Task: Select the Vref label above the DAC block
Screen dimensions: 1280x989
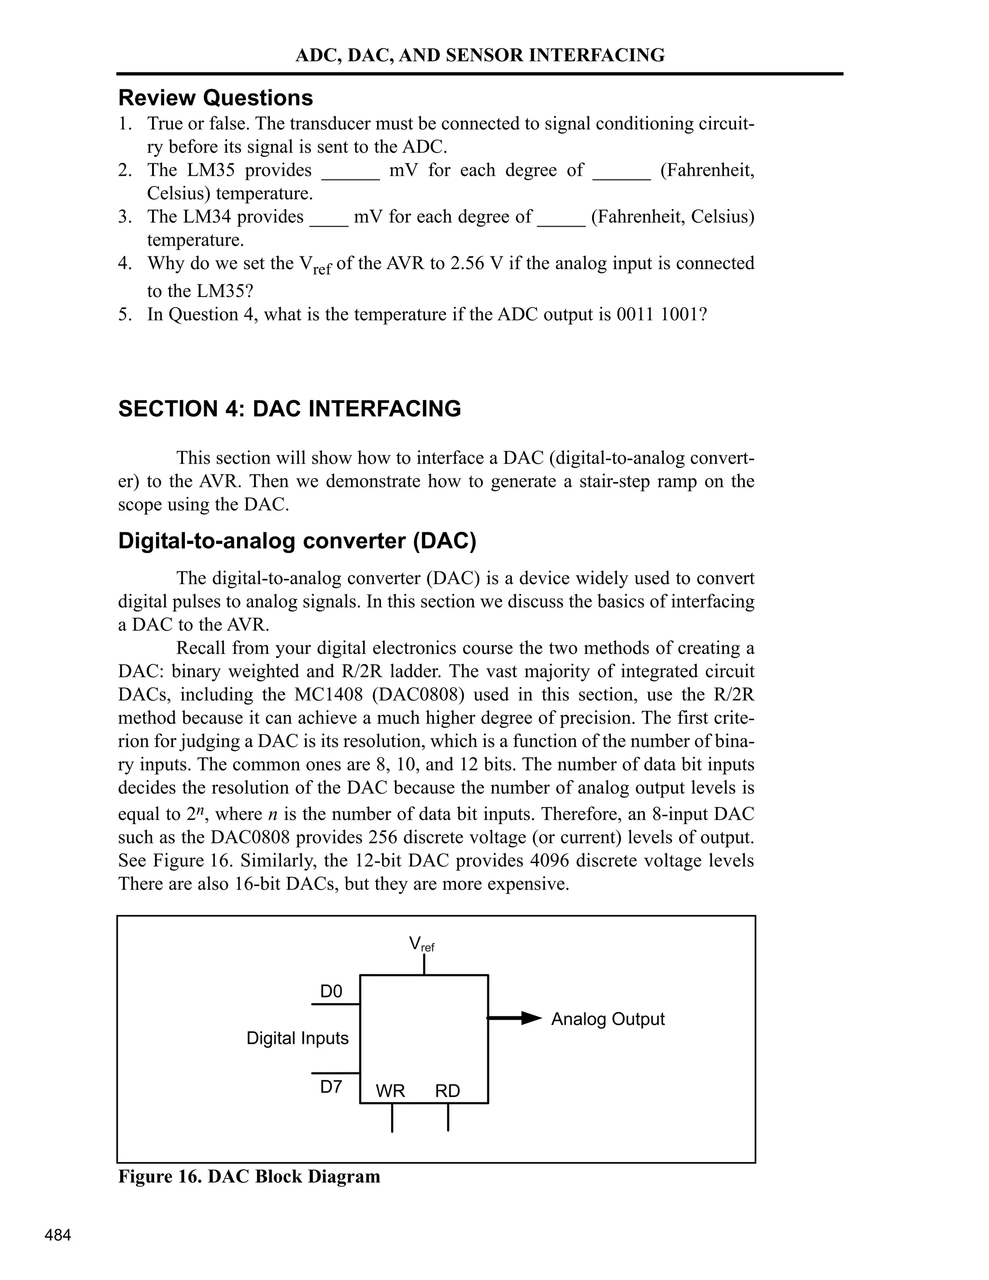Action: click(x=421, y=944)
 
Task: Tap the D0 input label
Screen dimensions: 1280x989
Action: click(x=331, y=991)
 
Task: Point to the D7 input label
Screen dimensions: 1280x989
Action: click(x=331, y=1087)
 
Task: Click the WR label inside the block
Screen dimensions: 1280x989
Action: click(x=390, y=1091)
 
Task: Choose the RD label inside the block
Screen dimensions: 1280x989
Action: click(x=448, y=1091)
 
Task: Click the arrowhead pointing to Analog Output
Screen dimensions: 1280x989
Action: click(x=531, y=1018)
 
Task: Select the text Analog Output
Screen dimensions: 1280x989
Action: click(x=608, y=1019)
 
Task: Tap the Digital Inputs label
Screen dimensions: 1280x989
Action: click(x=297, y=1038)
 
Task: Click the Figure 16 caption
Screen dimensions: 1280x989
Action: click(x=249, y=1176)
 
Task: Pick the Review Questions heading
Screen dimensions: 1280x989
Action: click(x=215, y=97)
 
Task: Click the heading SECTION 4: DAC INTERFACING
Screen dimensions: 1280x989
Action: click(x=289, y=409)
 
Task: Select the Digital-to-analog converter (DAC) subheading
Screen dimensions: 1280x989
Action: click(x=297, y=540)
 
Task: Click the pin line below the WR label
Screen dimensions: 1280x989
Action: click(x=392, y=1117)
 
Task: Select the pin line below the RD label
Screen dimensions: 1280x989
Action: click(x=448, y=1117)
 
